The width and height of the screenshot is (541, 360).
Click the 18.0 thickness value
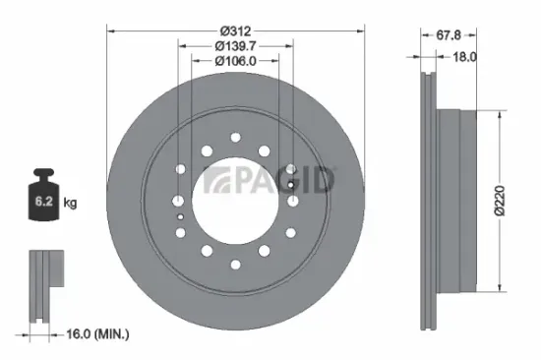tap(463, 57)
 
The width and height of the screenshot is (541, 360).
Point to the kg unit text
tap(70, 204)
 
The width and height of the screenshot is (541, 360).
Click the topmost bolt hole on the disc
tap(236, 138)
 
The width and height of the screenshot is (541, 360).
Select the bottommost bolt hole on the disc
tap(236, 264)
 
